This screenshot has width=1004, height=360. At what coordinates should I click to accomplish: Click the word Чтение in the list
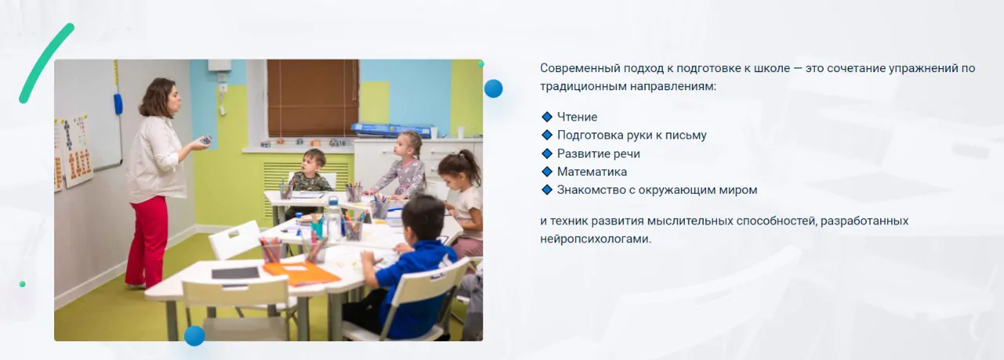[x=577, y=117]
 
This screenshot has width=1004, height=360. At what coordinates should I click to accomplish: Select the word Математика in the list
[x=592, y=172]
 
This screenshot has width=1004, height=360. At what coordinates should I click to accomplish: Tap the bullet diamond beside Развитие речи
[x=547, y=153]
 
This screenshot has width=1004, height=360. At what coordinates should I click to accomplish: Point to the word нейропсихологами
[x=595, y=239]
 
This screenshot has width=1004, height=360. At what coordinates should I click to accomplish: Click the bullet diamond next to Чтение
[x=547, y=117]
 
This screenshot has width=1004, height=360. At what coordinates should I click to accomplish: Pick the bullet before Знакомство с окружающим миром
[x=547, y=190]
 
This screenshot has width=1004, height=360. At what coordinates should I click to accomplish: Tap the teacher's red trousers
[x=147, y=242]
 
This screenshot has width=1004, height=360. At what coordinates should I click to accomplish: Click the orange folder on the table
[x=300, y=273]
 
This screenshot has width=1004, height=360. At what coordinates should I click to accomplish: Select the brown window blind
[x=313, y=98]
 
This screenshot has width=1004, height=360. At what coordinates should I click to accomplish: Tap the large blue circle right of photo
[x=493, y=89]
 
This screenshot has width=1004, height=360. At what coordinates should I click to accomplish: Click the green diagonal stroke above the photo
[x=46, y=63]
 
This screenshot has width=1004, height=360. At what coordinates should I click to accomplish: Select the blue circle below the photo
[x=195, y=336]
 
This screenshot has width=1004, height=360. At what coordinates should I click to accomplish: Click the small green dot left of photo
[x=23, y=284]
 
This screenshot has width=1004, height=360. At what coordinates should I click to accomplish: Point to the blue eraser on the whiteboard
[x=118, y=104]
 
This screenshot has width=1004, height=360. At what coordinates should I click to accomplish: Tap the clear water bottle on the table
[x=333, y=220]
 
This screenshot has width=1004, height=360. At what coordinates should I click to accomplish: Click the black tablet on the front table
[x=235, y=273]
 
